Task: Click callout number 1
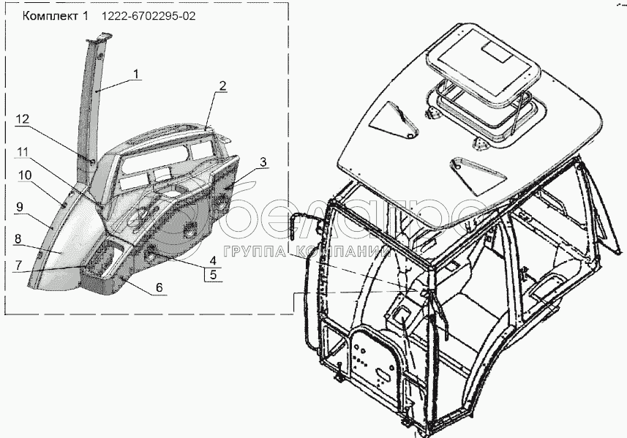pyautogui.click(x=138, y=74)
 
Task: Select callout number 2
pyautogui.click(x=222, y=86)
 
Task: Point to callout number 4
pyautogui.click(x=211, y=260)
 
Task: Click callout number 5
pyautogui.click(x=211, y=276)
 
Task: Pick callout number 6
pyautogui.click(x=158, y=289)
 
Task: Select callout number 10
pyautogui.click(x=24, y=175)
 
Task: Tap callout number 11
pyautogui.click(x=24, y=151)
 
